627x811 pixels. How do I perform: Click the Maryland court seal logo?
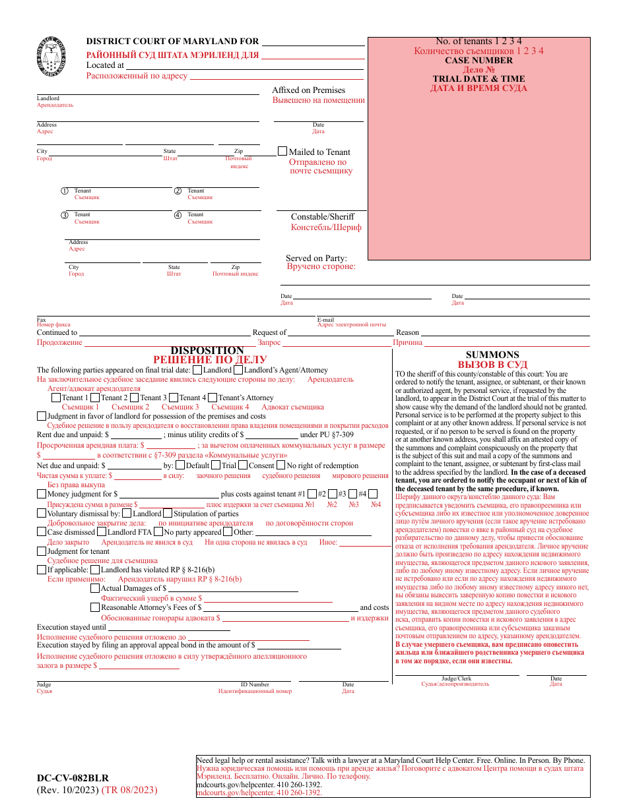[52, 57]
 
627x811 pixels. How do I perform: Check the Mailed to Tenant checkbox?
[282, 151]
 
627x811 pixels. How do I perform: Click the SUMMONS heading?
[492, 355]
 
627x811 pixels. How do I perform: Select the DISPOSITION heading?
[207, 351]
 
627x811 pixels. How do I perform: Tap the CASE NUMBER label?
[478, 60]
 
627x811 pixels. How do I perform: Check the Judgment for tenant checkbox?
[42, 551]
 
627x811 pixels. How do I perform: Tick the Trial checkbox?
[216, 465]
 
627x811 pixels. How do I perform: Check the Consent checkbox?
[243, 465]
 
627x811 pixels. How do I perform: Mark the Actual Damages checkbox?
[95, 588]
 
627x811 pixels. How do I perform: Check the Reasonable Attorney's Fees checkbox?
[95, 607]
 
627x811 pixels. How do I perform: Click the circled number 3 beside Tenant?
[65, 215]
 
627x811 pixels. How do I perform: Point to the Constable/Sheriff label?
[323, 216]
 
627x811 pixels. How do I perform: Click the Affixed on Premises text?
[308, 90]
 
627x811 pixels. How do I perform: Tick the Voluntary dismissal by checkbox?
[42, 513]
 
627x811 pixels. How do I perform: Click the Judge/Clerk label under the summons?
[456, 678]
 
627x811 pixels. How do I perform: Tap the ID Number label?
[255, 684]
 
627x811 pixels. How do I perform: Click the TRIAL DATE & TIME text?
[478, 78]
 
